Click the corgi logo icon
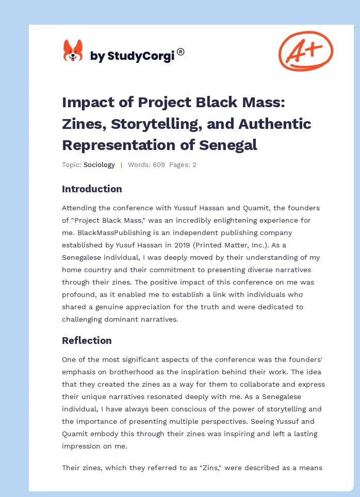pyautogui.click(x=73, y=51)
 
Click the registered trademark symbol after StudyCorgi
pyautogui.click(x=181, y=52)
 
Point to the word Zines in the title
pyautogui.click(x=83, y=124)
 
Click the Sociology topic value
pyautogui.click(x=99, y=165)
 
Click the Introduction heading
pyautogui.click(x=92, y=189)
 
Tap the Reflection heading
pyautogui.click(x=87, y=340)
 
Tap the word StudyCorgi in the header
pyautogui.click(x=140, y=56)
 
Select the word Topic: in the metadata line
pyautogui.click(x=71, y=165)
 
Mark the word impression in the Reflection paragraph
pyautogui.click(x=82, y=446)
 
